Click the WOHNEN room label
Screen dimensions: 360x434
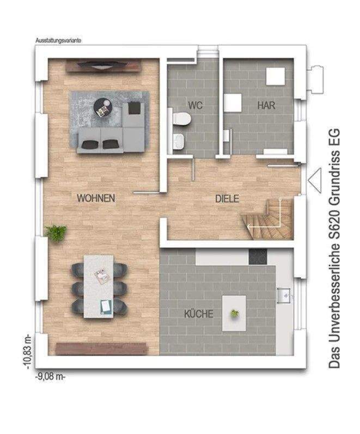pyautogui.click(x=96, y=198)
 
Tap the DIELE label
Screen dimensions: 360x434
pyautogui.click(x=227, y=199)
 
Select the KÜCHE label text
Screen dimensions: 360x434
pyautogui.click(x=199, y=314)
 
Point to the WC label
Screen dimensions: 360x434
pyautogui.click(x=195, y=105)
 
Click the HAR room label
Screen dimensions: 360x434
pyautogui.click(x=266, y=105)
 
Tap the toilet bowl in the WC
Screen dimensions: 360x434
pyautogui.click(x=181, y=119)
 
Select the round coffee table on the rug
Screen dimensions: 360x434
pyautogui.click(x=103, y=108)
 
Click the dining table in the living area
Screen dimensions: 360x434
pyautogui.click(x=99, y=286)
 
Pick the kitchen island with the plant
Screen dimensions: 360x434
pyautogui.click(x=234, y=313)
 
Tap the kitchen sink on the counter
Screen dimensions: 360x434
pyautogui.click(x=284, y=296)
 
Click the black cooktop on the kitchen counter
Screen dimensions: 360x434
pyautogui.click(x=258, y=256)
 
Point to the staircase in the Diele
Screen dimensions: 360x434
pyautogui.click(x=267, y=219)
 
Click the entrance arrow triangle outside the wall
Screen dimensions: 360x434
pyautogui.click(x=315, y=180)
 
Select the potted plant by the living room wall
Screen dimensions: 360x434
pyautogui.click(x=56, y=233)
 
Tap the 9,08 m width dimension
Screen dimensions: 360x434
pyautogui.click(x=50, y=377)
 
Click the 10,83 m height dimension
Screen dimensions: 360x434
pyautogui.click(x=28, y=352)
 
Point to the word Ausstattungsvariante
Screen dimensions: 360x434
pyautogui.click(x=58, y=40)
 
